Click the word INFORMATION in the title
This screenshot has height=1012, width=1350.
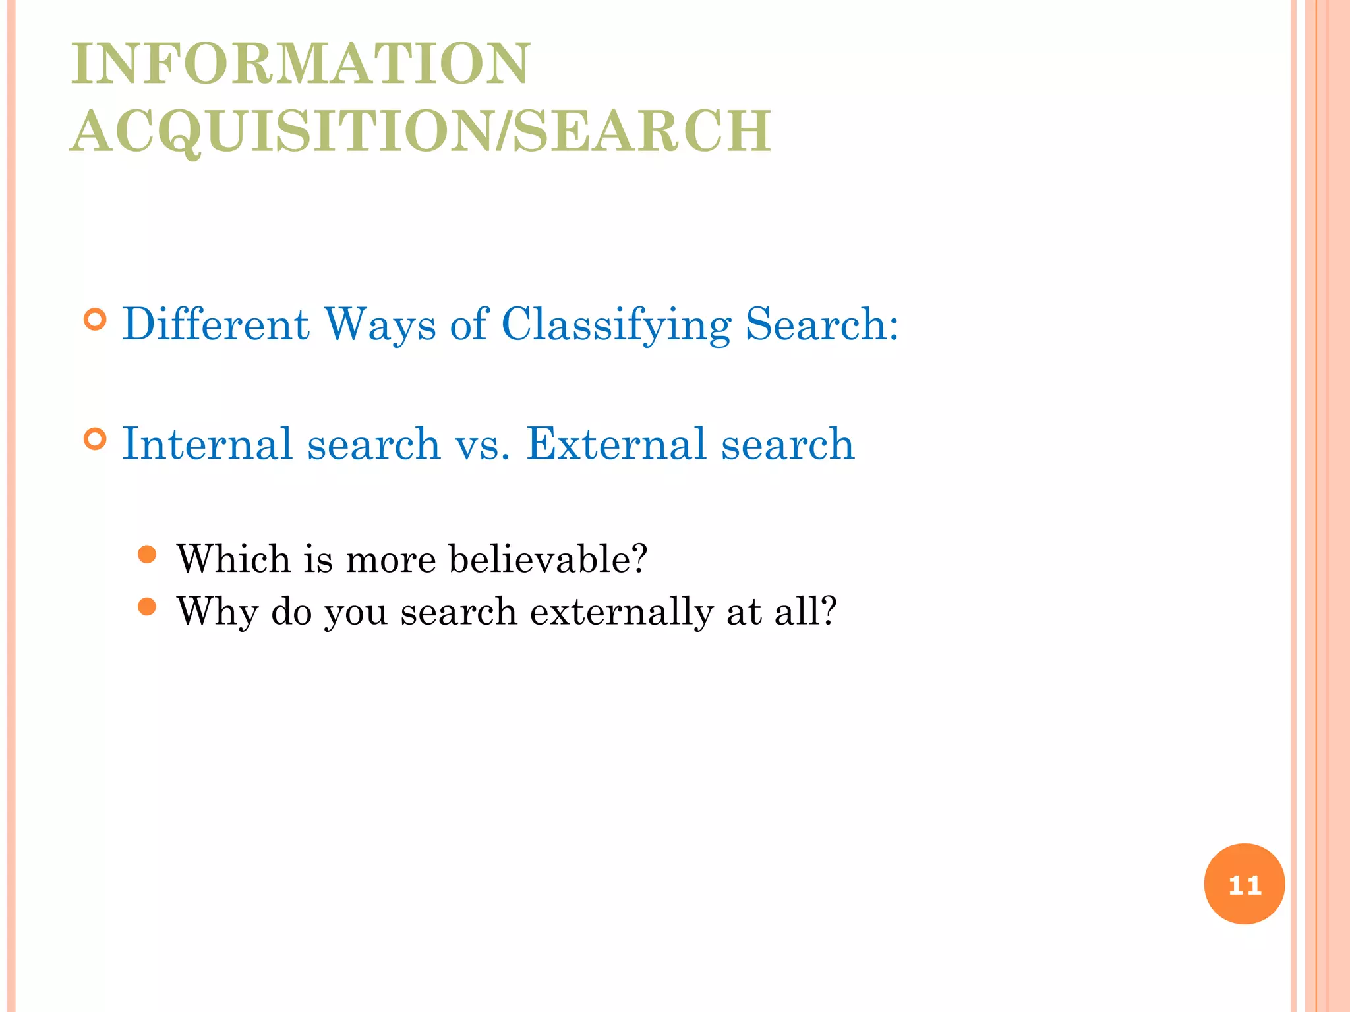[301, 64]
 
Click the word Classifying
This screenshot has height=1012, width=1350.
[616, 325]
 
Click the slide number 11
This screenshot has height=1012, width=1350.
[1245, 884]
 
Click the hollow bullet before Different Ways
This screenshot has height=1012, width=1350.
[96, 320]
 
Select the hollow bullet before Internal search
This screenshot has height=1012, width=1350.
[96, 439]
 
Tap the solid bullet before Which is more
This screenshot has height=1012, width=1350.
[148, 554]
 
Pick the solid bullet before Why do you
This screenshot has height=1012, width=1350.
[148, 607]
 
